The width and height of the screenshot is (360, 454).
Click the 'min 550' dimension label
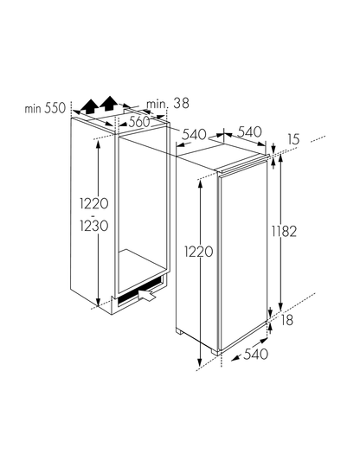pyautogui.click(x=45, y=108)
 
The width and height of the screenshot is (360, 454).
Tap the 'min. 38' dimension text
pyautogui.click(x=168, y=104)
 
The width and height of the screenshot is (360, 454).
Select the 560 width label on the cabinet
pyautogui.click(x=139, y=122)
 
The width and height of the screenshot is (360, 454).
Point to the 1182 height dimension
pyautogui.click(x=284, y=232)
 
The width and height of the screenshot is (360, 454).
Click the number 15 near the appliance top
pyautogui.click(x=293, y=139)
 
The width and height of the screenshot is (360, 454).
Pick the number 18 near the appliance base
pyautogui.click(x=287, y=320)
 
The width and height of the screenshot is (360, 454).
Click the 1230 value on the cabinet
pyautogui.click(x=94, y=226)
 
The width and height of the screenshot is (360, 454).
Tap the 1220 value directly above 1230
pyautogui.click(x=94, y=203)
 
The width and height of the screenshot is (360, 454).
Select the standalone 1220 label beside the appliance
pyautogui.click(x=199, y=252)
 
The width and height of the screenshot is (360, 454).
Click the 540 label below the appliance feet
pyautogui.click(x=255, y=354)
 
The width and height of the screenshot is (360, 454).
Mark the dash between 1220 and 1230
pyautogui.click(x=93, y=215)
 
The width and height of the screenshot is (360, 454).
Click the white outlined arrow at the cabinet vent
pyautogui.click(x=147, y=296)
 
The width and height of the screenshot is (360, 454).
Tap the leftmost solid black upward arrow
pyautogui.click(x=89, y=106)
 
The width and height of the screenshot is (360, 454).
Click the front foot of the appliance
pyautogui.click(x=216, y=352)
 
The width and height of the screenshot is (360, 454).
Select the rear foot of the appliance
pyautogui.click(x=179, y=331)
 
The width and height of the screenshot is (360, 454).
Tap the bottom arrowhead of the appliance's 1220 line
pyautogui.click(x=199, y=362)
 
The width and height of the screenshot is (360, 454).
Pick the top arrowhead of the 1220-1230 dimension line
pyautogui.click(x=99, y=144)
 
